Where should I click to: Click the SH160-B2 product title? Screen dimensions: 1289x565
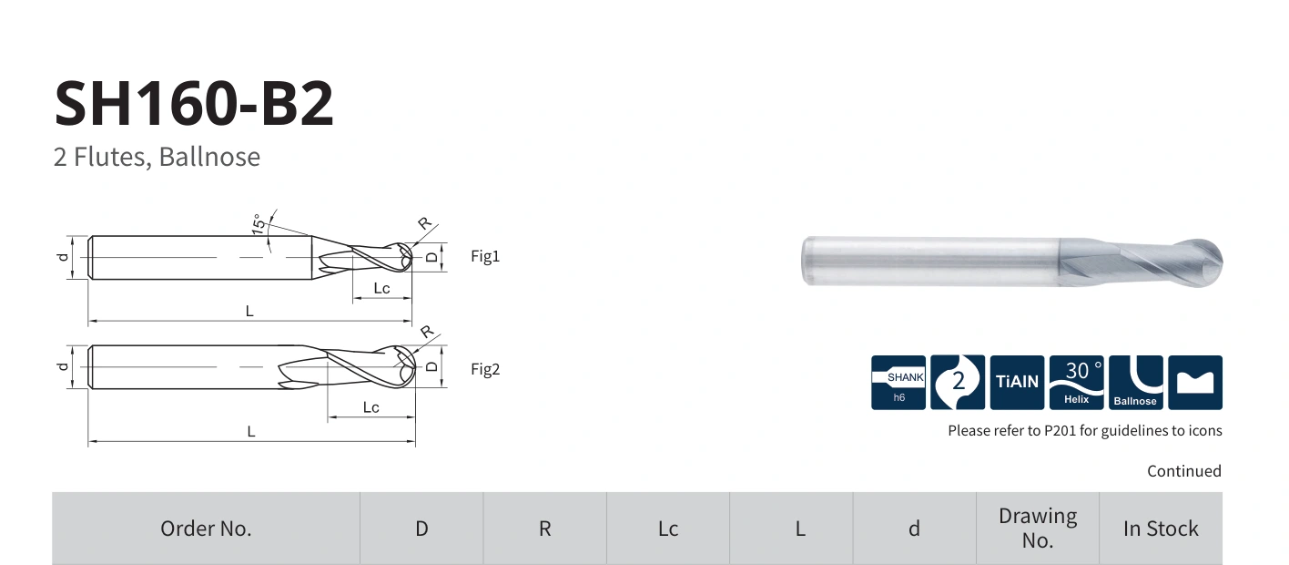(194, 104)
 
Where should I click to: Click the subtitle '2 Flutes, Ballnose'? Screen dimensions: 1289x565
(157, 157)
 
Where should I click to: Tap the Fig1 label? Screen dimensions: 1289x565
(485, 256)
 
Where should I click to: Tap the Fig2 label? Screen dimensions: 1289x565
(485, 369)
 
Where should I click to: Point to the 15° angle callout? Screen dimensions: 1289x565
(259, 223)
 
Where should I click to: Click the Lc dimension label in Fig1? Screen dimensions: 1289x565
(381, 288)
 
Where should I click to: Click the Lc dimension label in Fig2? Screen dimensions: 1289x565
(371, 407)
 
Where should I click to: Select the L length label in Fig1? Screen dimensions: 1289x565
(249, 312)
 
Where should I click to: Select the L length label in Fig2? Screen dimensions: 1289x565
(251, 431)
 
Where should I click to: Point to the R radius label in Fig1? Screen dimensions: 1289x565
(424, 223)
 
